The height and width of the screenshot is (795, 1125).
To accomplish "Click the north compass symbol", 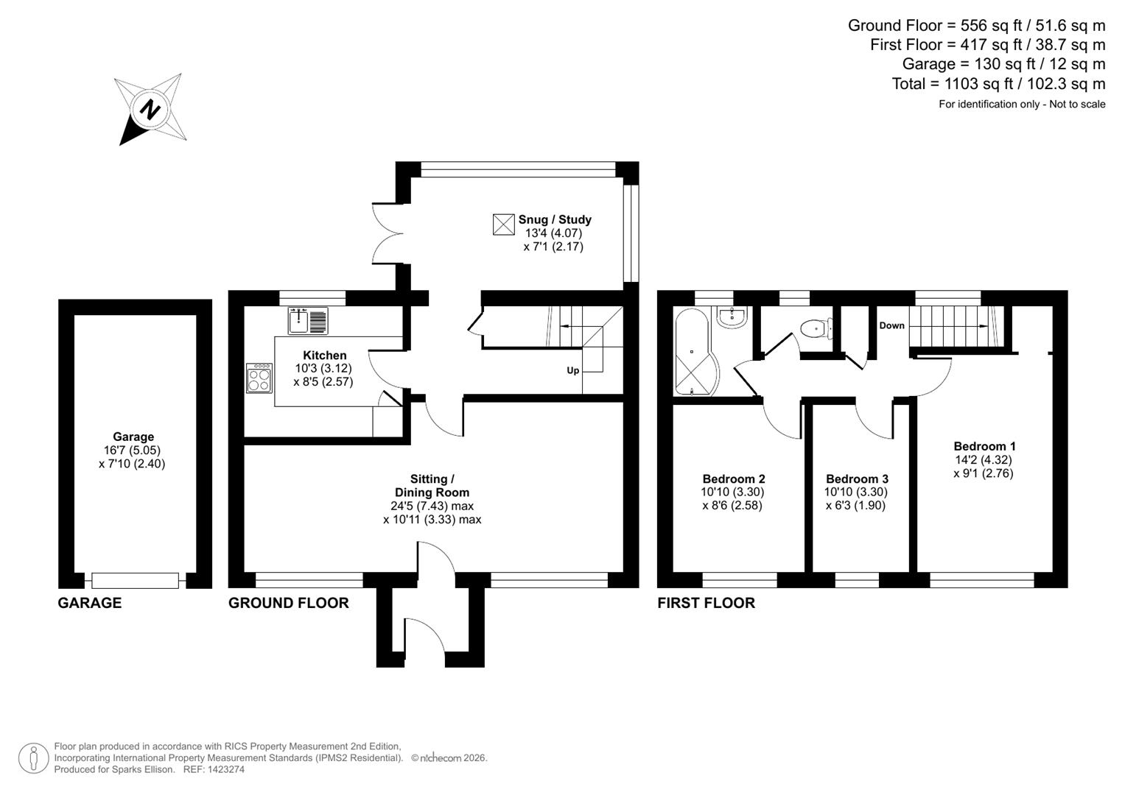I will click(151, 109).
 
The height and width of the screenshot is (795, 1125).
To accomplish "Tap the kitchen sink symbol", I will click(308, 321).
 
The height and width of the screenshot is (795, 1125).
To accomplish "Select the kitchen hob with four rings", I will click(259, 378).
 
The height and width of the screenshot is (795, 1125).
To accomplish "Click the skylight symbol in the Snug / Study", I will click(503, 225).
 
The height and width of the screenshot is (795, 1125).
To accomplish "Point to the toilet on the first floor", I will click(816, 328).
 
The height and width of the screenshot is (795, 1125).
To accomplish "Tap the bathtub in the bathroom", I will click(693, 353).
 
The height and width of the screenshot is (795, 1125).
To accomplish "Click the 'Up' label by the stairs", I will click(572, 370).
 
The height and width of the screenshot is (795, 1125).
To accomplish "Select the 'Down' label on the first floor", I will click(891, 325).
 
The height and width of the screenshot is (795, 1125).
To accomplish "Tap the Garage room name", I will click(133, 437).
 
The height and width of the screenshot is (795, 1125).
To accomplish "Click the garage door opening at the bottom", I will click(135, 581).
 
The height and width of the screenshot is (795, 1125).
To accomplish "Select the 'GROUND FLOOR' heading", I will click(288, 603).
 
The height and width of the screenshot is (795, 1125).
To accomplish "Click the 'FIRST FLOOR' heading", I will click(706, 603).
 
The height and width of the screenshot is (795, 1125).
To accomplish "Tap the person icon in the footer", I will click(33, 758).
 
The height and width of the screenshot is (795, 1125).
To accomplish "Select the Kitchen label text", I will click(324, 355).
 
